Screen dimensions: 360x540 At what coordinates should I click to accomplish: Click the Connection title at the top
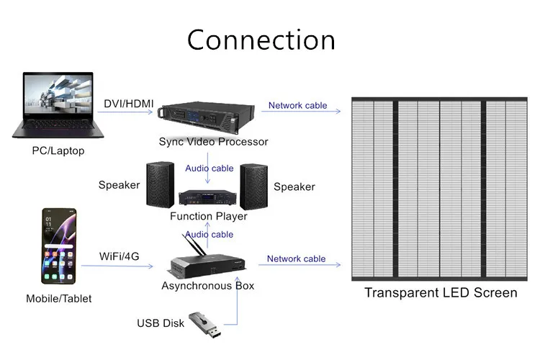click(x=261, y=40)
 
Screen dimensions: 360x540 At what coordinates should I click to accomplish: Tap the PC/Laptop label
click(x=58, y=150)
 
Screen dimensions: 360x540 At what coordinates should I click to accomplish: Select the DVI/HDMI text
click(x=129, y=104)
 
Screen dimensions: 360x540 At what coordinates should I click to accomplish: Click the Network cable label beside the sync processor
click(x=297, y=105)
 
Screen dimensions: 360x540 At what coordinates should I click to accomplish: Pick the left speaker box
click(x=160, y=184)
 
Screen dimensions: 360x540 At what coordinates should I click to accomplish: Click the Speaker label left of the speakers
click(x=119, y=185)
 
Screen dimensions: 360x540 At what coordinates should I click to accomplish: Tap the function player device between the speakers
click(x=208, y=199)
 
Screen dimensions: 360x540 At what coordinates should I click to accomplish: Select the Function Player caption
click(x=208, y=216)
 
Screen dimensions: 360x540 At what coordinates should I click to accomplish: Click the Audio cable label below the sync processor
click(x=210, y=168)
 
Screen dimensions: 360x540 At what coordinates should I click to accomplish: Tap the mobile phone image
click(x=58, y=248)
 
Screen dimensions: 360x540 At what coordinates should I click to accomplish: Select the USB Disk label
click(x=161, y=323)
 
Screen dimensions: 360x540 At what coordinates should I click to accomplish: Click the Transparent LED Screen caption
click(x=441, y=292)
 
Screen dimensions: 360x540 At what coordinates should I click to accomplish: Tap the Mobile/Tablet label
click(x=59, y=298)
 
